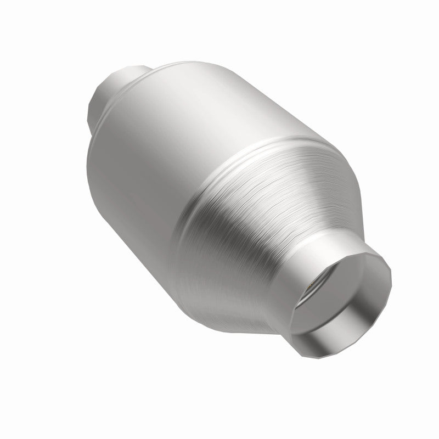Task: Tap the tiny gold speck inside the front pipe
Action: click(x=311, y=284)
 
